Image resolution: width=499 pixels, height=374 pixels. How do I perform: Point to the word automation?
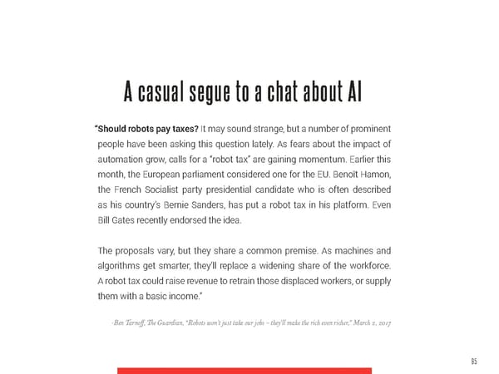(x=124, y=158)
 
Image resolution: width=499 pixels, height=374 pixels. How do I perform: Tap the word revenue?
(x=207, y=280)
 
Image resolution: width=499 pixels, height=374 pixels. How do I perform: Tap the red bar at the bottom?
(x=244, y=370)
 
